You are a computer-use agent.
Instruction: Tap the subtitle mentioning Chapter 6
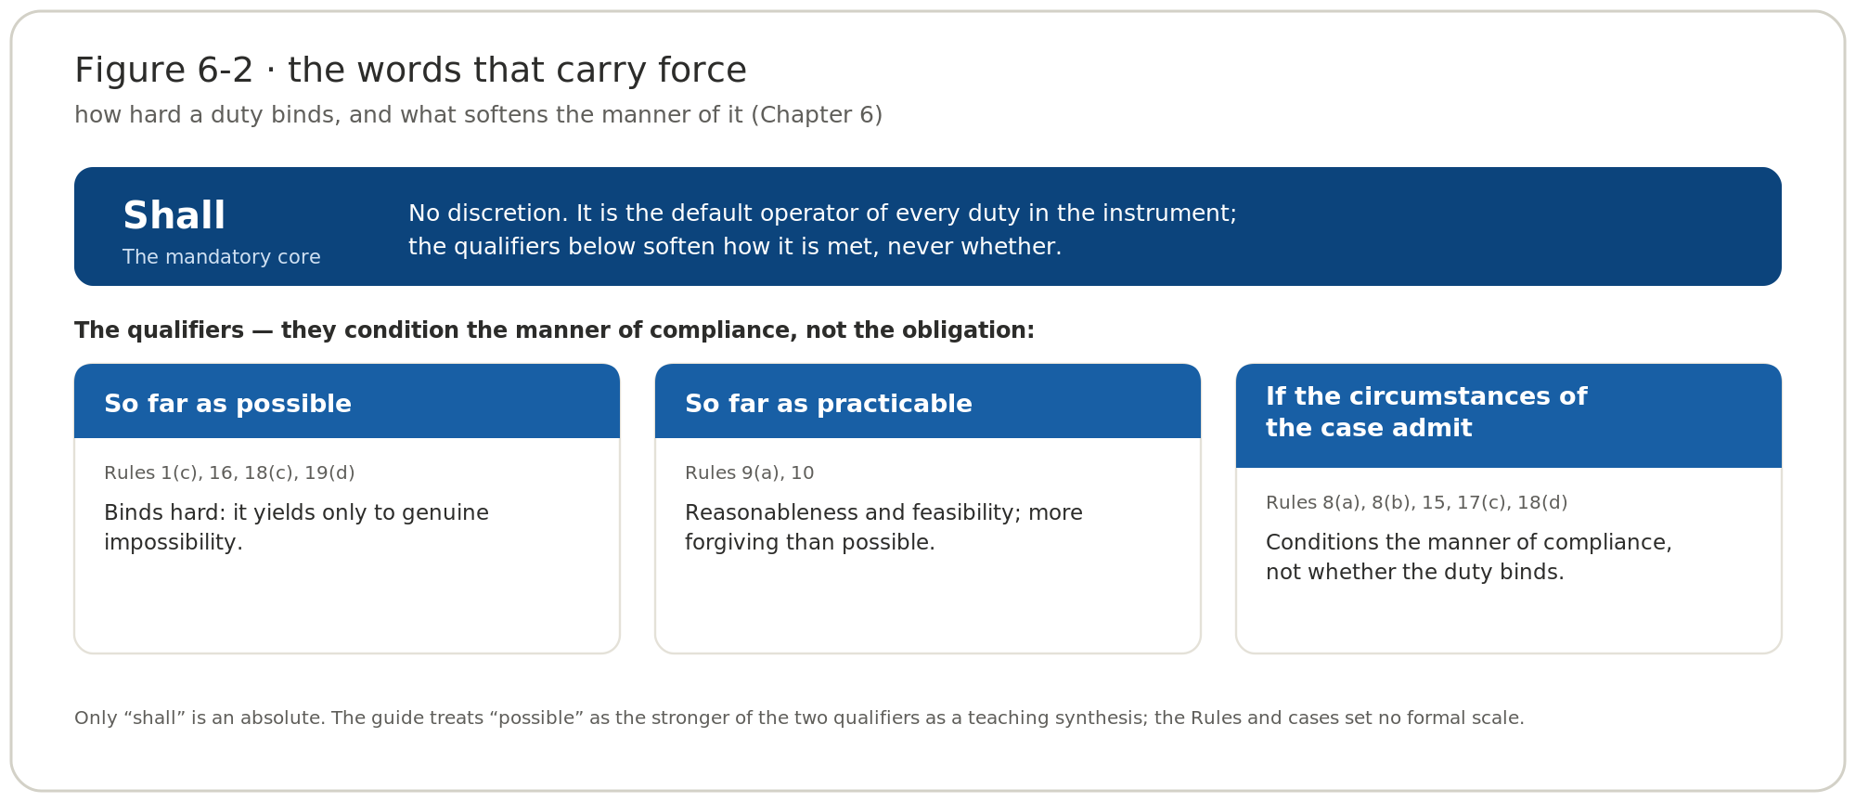[x=478, y=115]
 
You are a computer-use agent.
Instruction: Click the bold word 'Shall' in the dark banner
[x=174, y=216]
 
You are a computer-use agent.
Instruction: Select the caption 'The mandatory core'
[x=222, y=257]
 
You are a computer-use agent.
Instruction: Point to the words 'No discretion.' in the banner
[x=488, y=213]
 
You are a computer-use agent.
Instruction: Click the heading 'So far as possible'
[x=227, y=404]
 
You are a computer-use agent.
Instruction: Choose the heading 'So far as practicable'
[x=829, y=404]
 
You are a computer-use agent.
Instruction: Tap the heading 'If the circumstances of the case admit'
[x=1426, y=412]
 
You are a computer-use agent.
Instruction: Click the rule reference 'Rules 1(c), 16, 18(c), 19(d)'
[x=229, y=473]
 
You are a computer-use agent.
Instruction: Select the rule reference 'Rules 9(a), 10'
[x=750, y=473]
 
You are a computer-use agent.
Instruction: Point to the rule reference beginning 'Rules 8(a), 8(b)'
[x=1416, y=503]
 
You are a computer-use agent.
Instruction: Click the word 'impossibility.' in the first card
[x=174, y=542]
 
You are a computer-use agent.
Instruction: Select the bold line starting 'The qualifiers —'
[x=554, y=330]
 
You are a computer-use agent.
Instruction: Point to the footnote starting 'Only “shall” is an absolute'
[x=799, y=718]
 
